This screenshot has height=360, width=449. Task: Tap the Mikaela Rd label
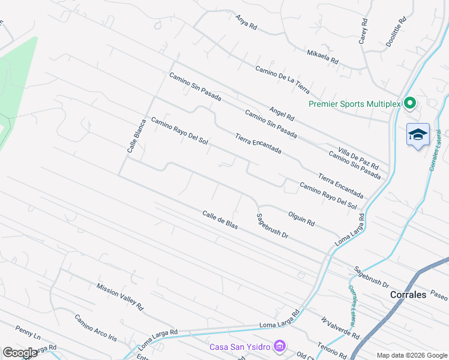[x=322, y=57]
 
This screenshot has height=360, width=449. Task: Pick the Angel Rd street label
[x=282, y=112]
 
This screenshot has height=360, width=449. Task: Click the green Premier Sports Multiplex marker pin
[x=410, y=103]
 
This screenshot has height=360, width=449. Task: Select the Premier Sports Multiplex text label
[x=354, y=104]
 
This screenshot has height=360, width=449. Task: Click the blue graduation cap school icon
[x=417, y=135]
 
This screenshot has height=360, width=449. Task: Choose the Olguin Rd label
[x=301, y=218]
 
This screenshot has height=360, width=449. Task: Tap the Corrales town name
[x=408, y=295]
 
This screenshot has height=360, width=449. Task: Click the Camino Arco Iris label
[x=95, y=328]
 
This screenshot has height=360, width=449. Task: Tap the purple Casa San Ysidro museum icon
[x=279, y=346]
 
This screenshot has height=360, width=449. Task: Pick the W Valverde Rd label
[x=340, y=328]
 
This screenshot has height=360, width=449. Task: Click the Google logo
[x=20, y=352]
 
